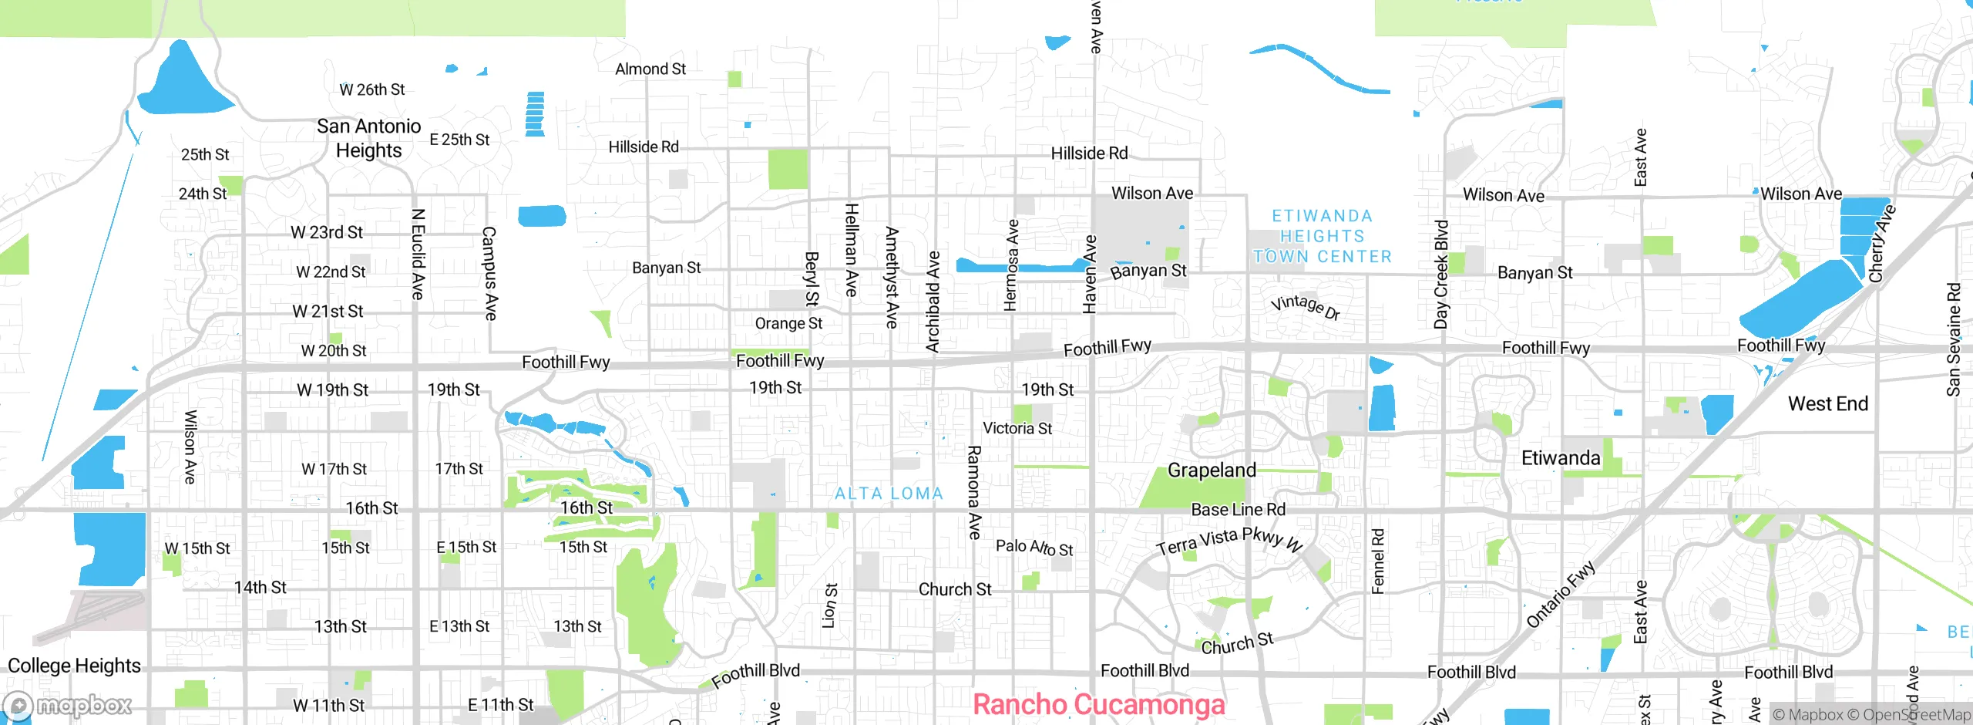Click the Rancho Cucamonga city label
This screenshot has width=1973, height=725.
1098,704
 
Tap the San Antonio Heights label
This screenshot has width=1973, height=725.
368,138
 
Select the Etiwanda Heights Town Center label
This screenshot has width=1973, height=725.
1323,236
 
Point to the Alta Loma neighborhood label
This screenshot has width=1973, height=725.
889,494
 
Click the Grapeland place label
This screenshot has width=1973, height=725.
1212,470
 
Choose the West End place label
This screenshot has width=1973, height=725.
1827,403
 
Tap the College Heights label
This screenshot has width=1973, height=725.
74,665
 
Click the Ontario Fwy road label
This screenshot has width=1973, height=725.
1561,595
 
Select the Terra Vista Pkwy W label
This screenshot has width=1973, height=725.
1229,541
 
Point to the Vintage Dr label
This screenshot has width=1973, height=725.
1306,305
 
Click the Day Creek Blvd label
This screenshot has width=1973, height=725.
1441,275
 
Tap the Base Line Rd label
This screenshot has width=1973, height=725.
1238,510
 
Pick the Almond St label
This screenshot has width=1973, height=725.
650,69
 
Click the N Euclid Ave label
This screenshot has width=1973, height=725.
418,254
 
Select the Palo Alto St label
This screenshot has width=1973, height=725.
1034,548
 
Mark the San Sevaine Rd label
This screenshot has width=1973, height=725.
1953,339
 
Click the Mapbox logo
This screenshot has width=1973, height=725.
68,705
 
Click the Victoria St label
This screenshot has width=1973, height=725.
1017,428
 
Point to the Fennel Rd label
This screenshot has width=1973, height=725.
1378,561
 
